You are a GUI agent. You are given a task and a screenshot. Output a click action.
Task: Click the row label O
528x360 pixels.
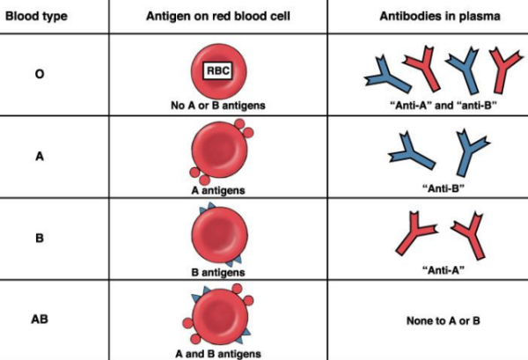40,75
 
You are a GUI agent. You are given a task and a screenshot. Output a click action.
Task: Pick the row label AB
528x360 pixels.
40,318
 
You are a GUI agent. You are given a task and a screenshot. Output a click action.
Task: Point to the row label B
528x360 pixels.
40,238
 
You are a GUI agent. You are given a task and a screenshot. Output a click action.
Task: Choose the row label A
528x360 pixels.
40,156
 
